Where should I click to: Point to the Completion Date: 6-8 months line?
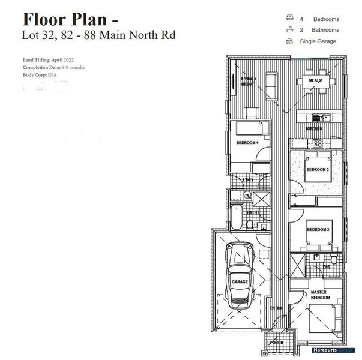pyautogui.click(x=53, y=68)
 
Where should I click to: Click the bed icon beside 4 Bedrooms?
pyautogui.click(x=289, y=19)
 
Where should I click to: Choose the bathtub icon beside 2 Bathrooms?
pyautogui.click(x=289, y=29)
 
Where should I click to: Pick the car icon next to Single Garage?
pyautogui.click(x=289, y=41)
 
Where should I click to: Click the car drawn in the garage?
pyautogui.click(x=238, y=275)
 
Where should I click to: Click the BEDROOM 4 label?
pyautogui.click(x=247, y=143)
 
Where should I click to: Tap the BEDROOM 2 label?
pyautogui.click(x=318, y=230)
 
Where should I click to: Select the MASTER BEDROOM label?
pyautogui.click(x=319, y=295)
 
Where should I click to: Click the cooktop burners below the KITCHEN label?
pyautogui.click(x=316, y=143)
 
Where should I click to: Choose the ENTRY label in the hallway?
pyautogui.click(x=276, y=308)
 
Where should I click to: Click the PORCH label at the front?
pyautogui.click(x=277, y=343)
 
